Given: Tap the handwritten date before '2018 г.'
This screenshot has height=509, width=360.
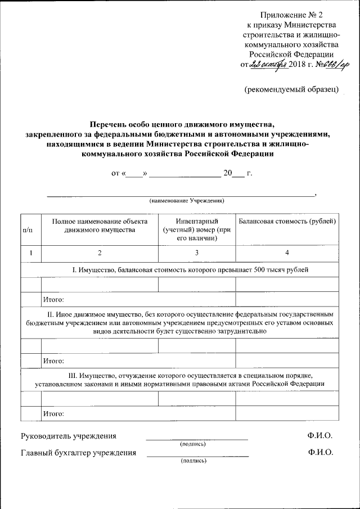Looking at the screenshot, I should (269, 65).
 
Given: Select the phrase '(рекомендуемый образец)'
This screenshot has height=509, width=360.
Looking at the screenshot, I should (291, 89).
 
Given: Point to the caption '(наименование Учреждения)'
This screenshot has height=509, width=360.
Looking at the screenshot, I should (187, 200).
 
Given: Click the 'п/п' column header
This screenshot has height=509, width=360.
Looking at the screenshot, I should (31, 230).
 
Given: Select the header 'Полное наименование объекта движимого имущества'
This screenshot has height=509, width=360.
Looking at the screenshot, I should (100, 226).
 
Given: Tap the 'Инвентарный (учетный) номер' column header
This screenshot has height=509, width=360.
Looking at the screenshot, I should (196, 230).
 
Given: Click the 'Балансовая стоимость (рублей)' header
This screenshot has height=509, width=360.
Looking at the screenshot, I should (287, 222).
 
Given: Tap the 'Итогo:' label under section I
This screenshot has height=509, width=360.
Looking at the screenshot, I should (53, 299).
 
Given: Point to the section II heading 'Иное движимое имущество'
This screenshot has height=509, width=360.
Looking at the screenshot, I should (179, 322).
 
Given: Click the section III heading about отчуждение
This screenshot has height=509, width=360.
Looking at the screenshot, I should (179, 379).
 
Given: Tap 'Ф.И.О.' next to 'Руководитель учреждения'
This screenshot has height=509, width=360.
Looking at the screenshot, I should (320, 436).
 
